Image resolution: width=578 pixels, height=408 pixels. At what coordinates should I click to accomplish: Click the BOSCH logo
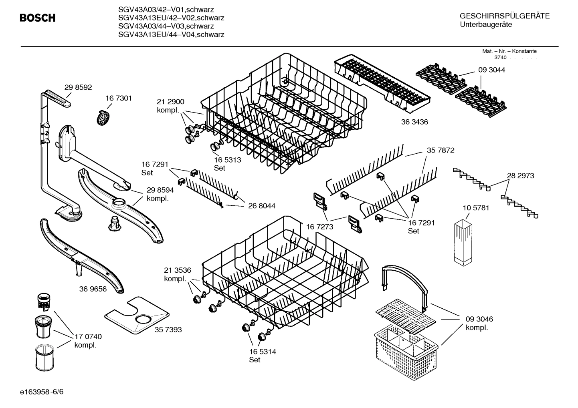38,18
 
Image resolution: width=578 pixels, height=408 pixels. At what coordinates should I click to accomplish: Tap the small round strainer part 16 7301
103,117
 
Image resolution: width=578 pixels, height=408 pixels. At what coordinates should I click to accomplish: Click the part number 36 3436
414,122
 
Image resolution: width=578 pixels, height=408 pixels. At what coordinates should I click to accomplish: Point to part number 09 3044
491,70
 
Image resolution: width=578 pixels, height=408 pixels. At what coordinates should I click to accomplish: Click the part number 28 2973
520,175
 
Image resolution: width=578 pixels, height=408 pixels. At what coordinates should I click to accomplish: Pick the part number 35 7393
168,330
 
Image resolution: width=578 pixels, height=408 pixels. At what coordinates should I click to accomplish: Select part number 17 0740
88,337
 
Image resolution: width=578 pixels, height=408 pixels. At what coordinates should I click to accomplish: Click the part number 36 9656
93,289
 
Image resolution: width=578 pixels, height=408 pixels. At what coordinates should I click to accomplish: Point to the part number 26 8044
262,206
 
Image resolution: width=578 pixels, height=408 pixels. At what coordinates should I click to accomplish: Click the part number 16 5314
262,352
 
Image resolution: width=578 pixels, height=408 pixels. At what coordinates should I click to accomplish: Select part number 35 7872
441,150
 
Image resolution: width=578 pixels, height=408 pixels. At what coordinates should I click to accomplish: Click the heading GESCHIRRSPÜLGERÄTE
504,16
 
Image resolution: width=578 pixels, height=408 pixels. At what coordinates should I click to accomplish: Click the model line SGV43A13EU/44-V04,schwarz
171,35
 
